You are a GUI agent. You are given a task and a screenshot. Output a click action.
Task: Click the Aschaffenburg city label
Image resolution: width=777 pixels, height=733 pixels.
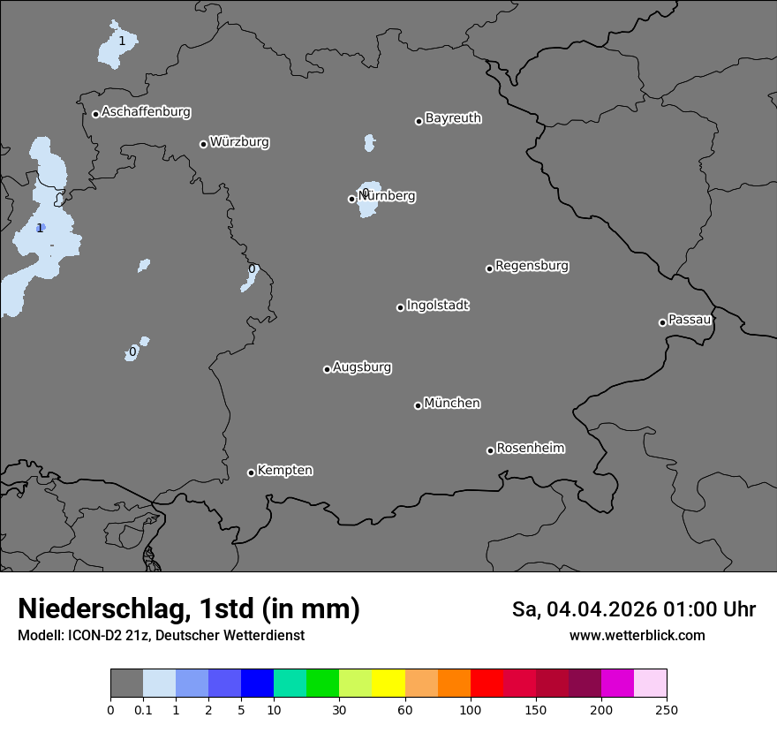[x=146, y=112]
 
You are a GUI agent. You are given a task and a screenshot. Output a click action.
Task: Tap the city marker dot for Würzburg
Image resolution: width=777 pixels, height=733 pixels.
[x=203, y=144]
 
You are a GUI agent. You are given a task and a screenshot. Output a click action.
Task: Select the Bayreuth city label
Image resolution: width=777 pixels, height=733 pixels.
[x=453, y=117]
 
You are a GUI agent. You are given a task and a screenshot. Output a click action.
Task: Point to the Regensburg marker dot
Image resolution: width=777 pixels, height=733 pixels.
[x=489, y=268]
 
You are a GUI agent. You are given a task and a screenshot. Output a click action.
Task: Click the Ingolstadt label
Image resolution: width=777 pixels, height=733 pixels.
[x=437, y=306]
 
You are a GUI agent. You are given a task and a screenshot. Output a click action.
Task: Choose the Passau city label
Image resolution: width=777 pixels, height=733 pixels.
[x=690, y=320]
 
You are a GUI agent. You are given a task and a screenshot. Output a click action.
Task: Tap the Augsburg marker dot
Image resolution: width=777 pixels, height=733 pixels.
[x=327, y=369]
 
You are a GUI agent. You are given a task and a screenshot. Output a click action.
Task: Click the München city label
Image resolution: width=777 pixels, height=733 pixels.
[x=452, y=404]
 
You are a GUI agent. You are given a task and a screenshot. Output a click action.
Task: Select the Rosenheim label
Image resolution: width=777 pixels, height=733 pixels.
[x=530, y=448]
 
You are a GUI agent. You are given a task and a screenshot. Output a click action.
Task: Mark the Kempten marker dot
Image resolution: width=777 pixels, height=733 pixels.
[x=251, y=472]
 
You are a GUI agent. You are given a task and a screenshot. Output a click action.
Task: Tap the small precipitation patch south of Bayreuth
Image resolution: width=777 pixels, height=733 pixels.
[x=369, y=142]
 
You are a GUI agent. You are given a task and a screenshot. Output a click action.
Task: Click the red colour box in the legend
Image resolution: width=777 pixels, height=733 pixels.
[x=487, y=684]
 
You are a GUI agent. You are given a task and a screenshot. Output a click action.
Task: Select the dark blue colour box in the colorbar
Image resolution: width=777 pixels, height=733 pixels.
[x=257, y=684]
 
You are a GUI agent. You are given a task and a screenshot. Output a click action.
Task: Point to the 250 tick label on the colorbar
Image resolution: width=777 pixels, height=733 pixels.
[x=667, y=709]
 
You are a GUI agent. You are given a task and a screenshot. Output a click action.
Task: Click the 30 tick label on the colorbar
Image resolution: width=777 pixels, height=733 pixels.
[x=339, y=709]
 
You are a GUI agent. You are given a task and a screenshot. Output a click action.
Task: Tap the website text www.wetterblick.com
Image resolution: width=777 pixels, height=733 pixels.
[x=637, y=636]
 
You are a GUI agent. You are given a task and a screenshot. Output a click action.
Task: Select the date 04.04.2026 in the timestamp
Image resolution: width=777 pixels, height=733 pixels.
[x=600, y=609]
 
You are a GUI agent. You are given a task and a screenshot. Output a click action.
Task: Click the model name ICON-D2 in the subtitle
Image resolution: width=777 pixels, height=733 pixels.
[x=91, y=636]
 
